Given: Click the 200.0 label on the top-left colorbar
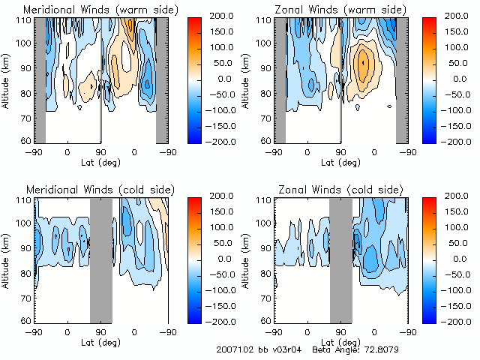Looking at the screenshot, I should tap(223, 15).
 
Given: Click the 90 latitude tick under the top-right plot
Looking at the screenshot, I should tap(341, 152).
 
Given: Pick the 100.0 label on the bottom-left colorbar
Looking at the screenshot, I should tap(223, 226).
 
